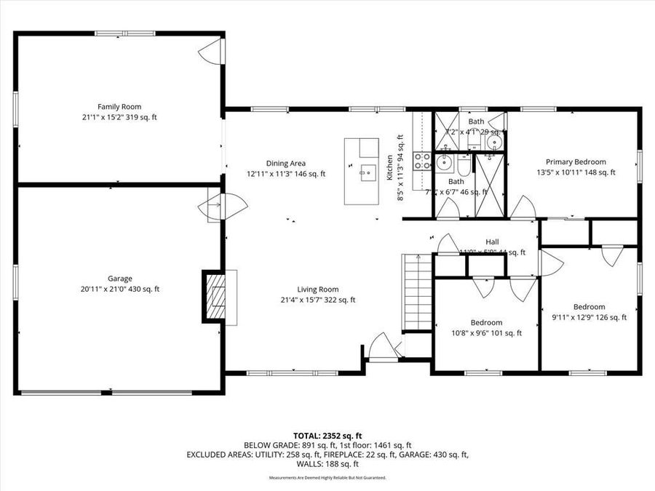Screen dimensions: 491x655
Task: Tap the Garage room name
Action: click(x=120, y=278)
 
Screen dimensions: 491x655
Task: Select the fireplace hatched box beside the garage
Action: click(x=215, y=296)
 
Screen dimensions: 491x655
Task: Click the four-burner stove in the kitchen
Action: click(x=421, y=160)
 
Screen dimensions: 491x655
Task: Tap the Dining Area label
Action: click(x=285, y=163)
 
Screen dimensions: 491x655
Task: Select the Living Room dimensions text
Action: click(x=317, y=300)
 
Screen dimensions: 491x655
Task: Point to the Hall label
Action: click(x=492, y=242)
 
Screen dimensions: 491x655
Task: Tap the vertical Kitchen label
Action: click(x=390, y=167)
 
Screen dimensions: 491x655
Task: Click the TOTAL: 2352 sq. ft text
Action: click(x=327, y=435)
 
